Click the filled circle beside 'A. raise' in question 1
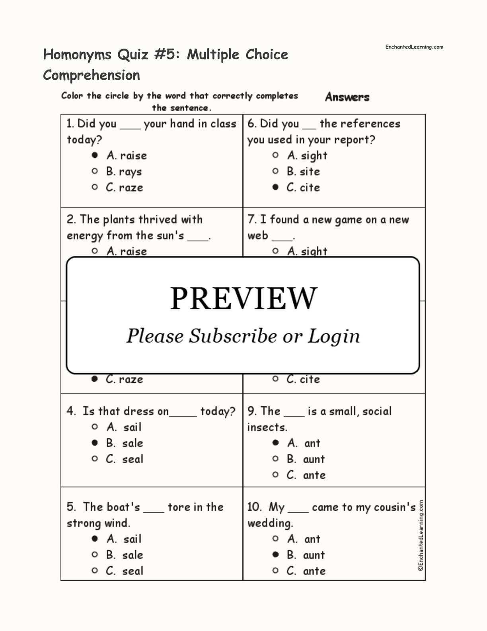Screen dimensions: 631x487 [95, 155]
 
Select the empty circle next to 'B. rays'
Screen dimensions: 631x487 [95, 171]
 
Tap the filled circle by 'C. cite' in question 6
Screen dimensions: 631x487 [275, 187]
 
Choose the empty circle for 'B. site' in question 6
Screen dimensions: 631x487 [275, 171]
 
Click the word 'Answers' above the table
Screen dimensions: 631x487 [347, 97]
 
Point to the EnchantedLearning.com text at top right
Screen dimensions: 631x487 [414, 47]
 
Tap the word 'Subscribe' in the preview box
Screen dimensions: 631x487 [232, 336]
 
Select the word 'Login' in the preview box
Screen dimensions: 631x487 [333, 336]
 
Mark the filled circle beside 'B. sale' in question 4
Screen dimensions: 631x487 [95, 443]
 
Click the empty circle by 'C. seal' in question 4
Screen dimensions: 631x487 [95, 459]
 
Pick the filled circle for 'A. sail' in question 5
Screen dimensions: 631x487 [95, 539]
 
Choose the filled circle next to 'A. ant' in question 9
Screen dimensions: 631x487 [275, 443]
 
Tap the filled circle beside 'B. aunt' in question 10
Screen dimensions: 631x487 [275, 555]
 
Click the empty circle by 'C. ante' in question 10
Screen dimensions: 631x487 [275, 570]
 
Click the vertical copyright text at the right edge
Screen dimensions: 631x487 [421, 536]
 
